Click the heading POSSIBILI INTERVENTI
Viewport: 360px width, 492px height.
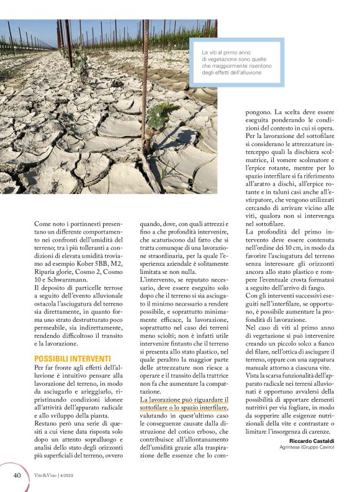coord(72,359)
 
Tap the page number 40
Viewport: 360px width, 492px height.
coord(17,475)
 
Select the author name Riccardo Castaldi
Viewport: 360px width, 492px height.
coord(313,440)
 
